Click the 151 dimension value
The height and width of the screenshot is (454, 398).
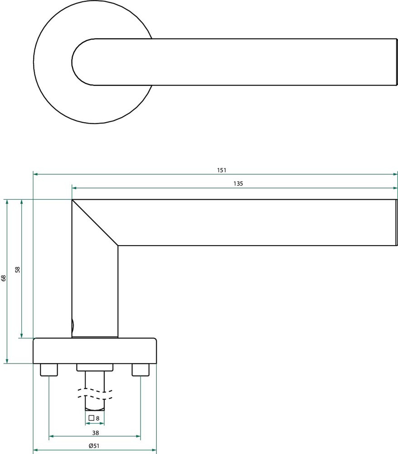click(222, 170)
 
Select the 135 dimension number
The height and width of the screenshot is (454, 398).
click(238, 183)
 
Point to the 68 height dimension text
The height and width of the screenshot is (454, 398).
click(4, 278)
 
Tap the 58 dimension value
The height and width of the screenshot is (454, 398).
click(18, 269)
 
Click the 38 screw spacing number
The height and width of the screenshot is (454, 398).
click(95, 433)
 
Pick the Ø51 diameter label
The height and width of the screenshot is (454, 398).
click(94, 446)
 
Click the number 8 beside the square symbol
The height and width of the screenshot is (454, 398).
click(98, 419)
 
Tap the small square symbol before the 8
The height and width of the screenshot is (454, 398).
click(91, 418)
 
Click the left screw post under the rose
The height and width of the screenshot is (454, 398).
click(49, 370)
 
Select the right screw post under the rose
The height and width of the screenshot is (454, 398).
click(141, 370)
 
